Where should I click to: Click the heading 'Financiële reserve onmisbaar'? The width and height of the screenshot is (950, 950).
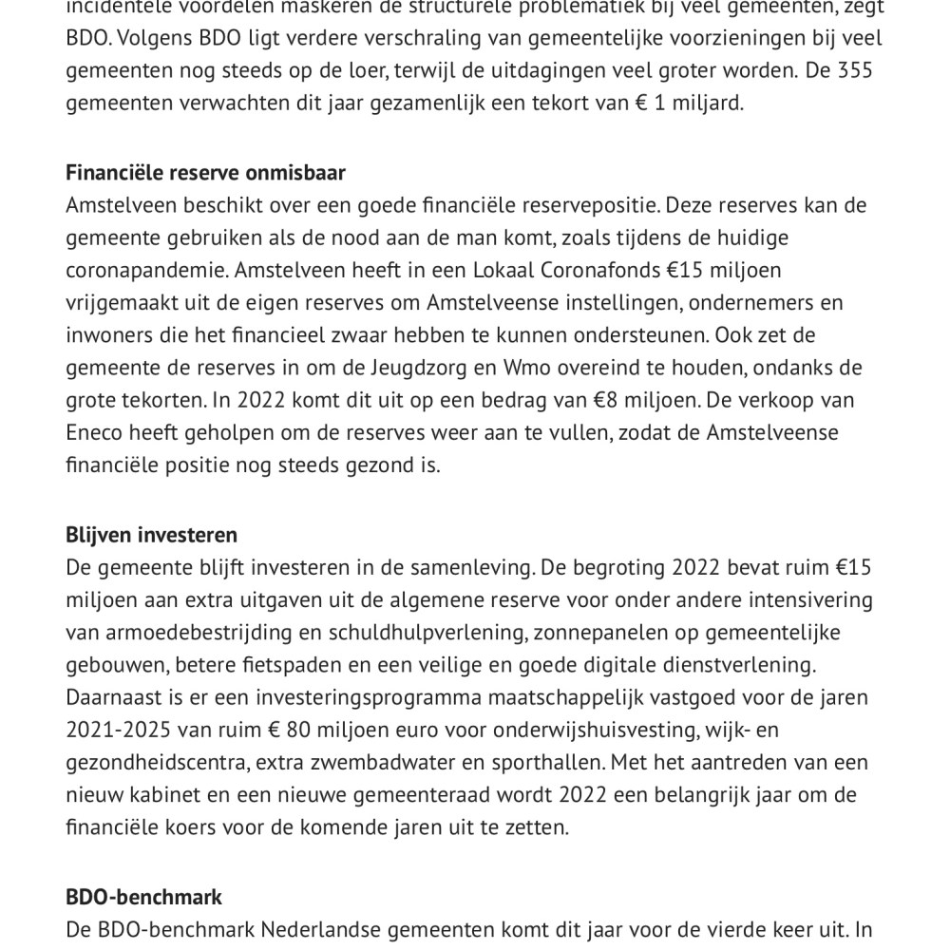click(x=205, y=173)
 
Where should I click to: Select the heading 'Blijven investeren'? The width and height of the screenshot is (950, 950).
click(x=151, y=535)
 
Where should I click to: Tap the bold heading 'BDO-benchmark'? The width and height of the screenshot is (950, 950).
click(x=144, y=897)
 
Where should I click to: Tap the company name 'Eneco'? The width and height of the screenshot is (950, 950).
click(x=93, y=432)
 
